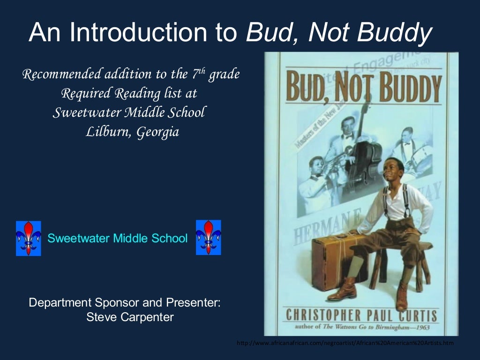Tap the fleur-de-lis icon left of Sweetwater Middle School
point(29,238)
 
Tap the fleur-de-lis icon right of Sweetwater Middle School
point(208,238)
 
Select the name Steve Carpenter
point(130,317)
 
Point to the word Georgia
point(157,133)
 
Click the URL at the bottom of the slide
point(345,344)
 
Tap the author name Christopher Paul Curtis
point(361,315)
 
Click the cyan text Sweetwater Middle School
point(117,238)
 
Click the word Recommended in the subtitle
point(62,74)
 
